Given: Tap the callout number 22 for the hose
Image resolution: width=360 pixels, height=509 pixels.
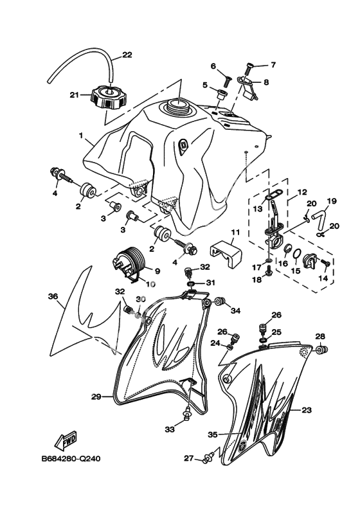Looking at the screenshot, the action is pos(127,55).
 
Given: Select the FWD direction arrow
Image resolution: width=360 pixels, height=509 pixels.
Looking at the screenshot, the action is pos(66,440).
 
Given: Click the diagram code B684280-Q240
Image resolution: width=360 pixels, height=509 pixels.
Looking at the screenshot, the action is pos(71,459).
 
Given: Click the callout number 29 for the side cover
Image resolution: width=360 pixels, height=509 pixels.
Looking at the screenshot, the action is pos(96,397).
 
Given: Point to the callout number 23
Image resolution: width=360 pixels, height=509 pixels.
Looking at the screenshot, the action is pos(307,410).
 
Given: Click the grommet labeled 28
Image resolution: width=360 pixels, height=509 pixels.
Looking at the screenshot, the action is pos(322,350).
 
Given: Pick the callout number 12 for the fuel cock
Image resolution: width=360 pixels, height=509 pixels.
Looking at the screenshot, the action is pos(302,192).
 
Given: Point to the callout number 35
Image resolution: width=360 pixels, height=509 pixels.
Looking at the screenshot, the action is pos(213,434).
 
